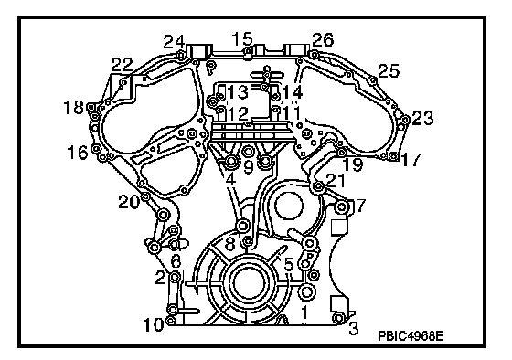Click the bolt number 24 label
[174, 42]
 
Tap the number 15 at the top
[242, 39]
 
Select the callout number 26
[323, 40]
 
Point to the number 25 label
[389, 70]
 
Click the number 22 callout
[123, 64]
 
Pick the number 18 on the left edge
[73, 107]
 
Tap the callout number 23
[422, 118]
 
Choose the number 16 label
[78, 152]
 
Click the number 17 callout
[411, 160]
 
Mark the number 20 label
[129, 202]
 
